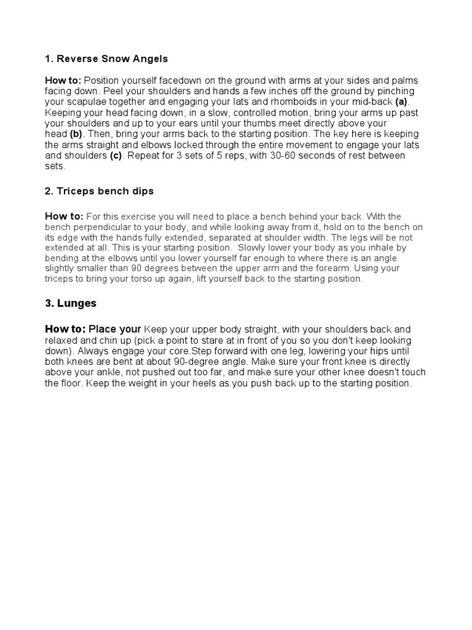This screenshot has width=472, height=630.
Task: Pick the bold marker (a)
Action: (x=401, y=102)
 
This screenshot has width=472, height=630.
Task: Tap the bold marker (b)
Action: (x=76, y=134)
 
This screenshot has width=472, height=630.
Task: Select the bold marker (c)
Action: (x=116, y=156)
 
